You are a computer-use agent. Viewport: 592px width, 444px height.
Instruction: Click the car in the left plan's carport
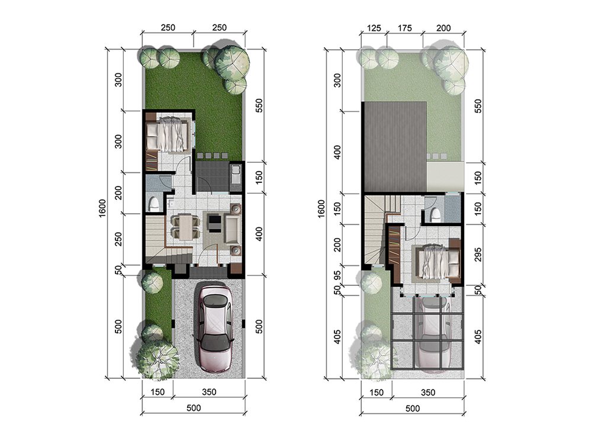tap(214, 329)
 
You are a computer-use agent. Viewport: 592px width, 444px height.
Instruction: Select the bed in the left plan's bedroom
tap(168, 135)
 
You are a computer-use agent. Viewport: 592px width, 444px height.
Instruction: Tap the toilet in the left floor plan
tap(154, 204)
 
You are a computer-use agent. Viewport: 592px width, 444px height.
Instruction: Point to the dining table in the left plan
tap(185, 227)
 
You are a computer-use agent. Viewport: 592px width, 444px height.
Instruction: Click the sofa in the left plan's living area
tap(233, 228)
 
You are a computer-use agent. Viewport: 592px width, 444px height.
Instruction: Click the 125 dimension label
tap(374, 28)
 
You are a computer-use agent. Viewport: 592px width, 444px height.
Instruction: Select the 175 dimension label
tap(404, 28)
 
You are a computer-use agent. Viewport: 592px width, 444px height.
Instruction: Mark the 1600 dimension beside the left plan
tap(102, 208)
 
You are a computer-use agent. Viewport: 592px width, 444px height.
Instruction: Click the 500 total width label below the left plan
tap(194, 408)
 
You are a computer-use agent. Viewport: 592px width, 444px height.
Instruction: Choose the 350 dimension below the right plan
tap(428, 392)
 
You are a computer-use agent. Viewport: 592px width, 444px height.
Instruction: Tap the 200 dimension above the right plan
tap(443, 28)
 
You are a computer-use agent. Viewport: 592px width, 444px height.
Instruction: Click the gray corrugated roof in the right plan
tap(395, 147)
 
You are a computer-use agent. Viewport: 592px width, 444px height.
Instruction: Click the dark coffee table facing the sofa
tap(214, 223)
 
